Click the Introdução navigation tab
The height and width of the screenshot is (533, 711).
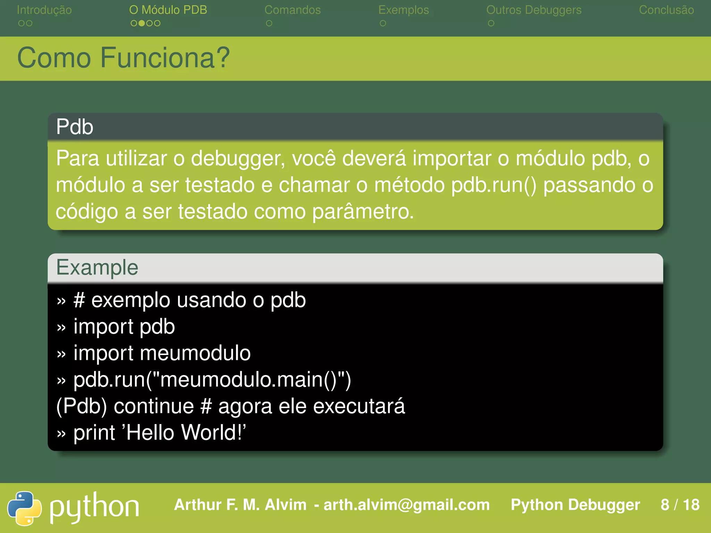coord(44,10)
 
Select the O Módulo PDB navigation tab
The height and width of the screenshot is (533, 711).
coord(168,10)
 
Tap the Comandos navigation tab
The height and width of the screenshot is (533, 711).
coord(292,10)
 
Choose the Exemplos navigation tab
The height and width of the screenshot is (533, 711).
coord(403,10)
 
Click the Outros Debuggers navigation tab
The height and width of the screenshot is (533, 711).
coord(534,10)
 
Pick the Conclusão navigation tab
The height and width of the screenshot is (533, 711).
coord(666,10)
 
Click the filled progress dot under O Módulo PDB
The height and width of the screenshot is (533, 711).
coord(142,23)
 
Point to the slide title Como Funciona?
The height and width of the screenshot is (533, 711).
coord(123,58)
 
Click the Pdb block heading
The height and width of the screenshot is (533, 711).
coord(75,127)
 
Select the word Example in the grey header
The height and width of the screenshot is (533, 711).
coord(97,268)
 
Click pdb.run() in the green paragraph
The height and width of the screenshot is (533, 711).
coord(494,185)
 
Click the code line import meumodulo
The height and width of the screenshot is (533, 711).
coord(162,353)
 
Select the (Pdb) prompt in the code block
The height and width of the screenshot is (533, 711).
coord(81,406)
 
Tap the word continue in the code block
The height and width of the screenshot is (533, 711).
coord(154,406)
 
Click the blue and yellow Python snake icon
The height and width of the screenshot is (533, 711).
coord(24,508)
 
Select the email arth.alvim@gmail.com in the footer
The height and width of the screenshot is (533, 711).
coord(407,505)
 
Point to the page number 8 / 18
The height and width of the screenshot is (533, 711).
coord(680,505)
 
